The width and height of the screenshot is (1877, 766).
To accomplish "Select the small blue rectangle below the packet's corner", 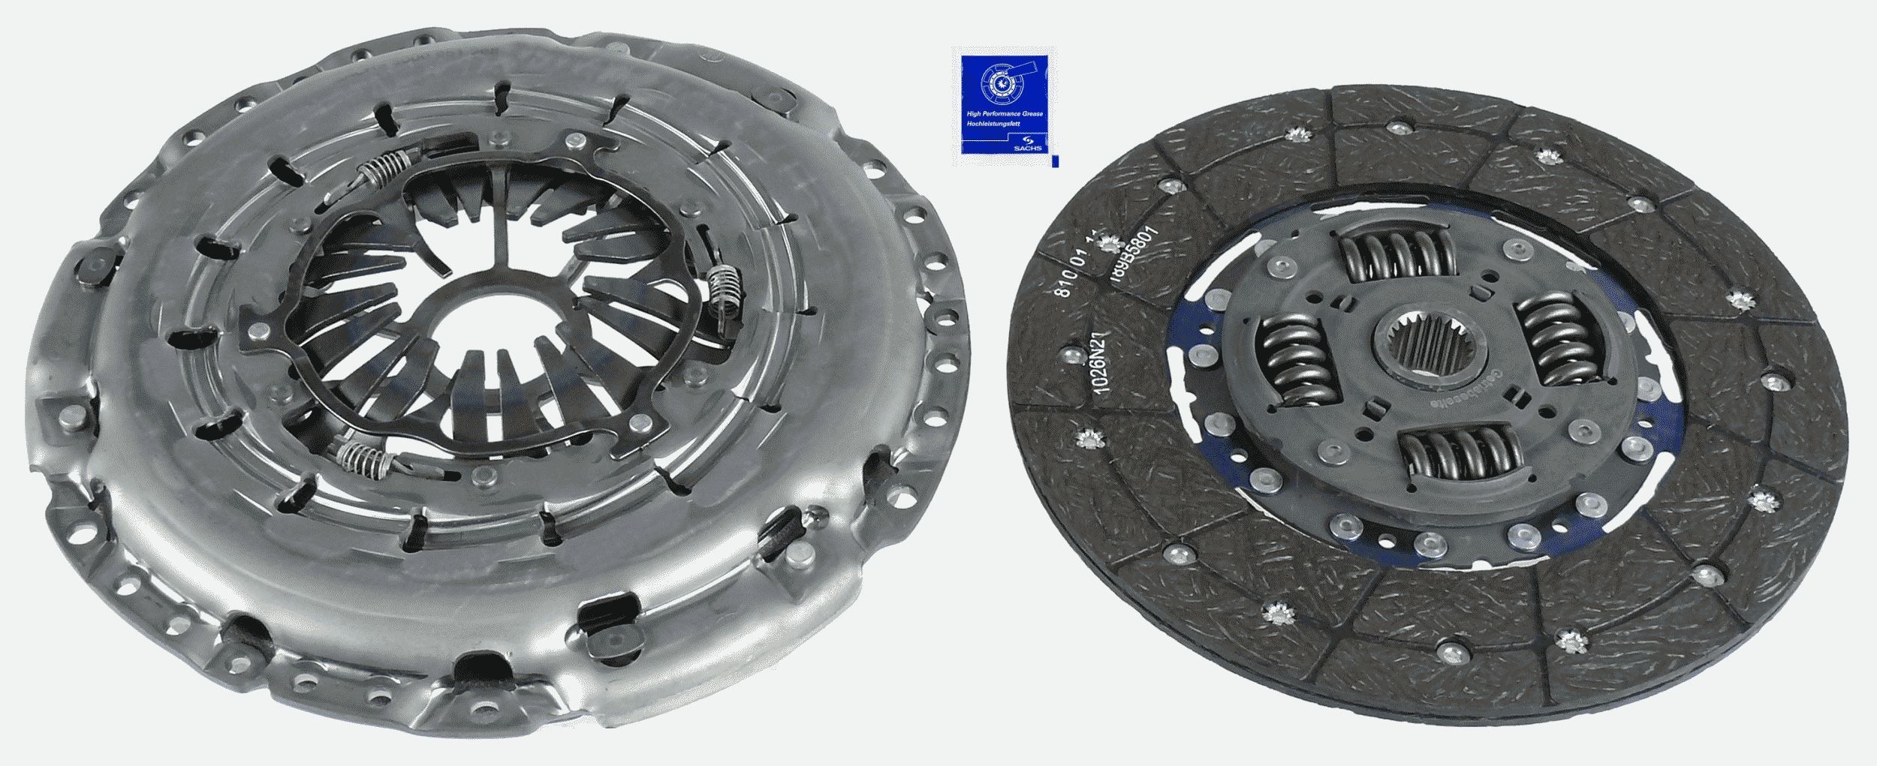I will [x=1055, y=161].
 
